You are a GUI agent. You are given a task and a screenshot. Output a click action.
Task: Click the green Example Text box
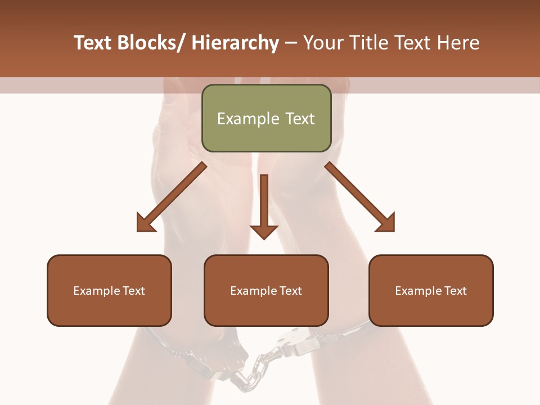[266, 118]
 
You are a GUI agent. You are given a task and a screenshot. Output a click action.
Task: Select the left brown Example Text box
[109, 290]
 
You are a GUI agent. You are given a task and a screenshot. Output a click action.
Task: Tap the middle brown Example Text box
[266, 290]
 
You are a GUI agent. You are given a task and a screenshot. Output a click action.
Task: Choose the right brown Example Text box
[431, 290]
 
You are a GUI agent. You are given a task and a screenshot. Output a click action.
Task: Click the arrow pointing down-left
[172, 197]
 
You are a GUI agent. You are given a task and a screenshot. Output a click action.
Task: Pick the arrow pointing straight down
[264, 205]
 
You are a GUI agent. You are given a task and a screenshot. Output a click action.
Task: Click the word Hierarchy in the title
[235, 43]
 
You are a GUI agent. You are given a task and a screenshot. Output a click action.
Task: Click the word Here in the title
[458, 43]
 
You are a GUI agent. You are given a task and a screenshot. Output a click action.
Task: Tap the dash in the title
[291, 43]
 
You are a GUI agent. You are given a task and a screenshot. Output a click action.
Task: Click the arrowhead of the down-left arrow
[146, 223]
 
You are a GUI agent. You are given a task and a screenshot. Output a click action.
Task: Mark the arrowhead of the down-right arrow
[385, 223]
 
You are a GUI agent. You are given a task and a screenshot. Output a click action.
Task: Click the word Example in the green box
[248, 119]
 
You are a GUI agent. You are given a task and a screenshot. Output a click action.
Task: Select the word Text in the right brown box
[455, 291]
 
